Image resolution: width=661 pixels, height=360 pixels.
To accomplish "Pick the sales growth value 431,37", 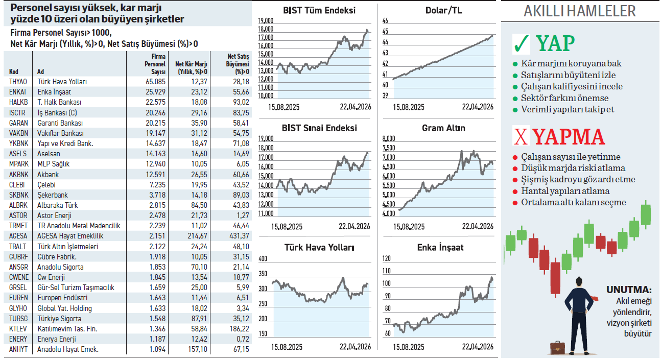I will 238,236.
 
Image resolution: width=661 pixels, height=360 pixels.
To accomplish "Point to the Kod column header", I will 14,72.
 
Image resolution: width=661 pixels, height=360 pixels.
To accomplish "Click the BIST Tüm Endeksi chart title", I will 319,10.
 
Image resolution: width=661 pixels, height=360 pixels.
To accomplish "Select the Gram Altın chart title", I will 443,128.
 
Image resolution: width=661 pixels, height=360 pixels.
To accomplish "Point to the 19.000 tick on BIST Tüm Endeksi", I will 266,21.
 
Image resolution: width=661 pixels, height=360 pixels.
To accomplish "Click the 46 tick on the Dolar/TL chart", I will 385,21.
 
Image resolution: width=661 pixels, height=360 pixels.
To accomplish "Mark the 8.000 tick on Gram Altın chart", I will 389,139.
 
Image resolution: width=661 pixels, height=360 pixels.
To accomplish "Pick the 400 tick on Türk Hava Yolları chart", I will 263,259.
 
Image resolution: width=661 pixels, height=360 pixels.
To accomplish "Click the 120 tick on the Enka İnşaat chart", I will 386,259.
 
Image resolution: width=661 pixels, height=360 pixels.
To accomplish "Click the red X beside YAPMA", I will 521,137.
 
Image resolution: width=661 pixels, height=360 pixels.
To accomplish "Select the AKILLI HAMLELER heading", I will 580,11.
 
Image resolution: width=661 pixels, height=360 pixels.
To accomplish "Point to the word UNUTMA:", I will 629,290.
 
